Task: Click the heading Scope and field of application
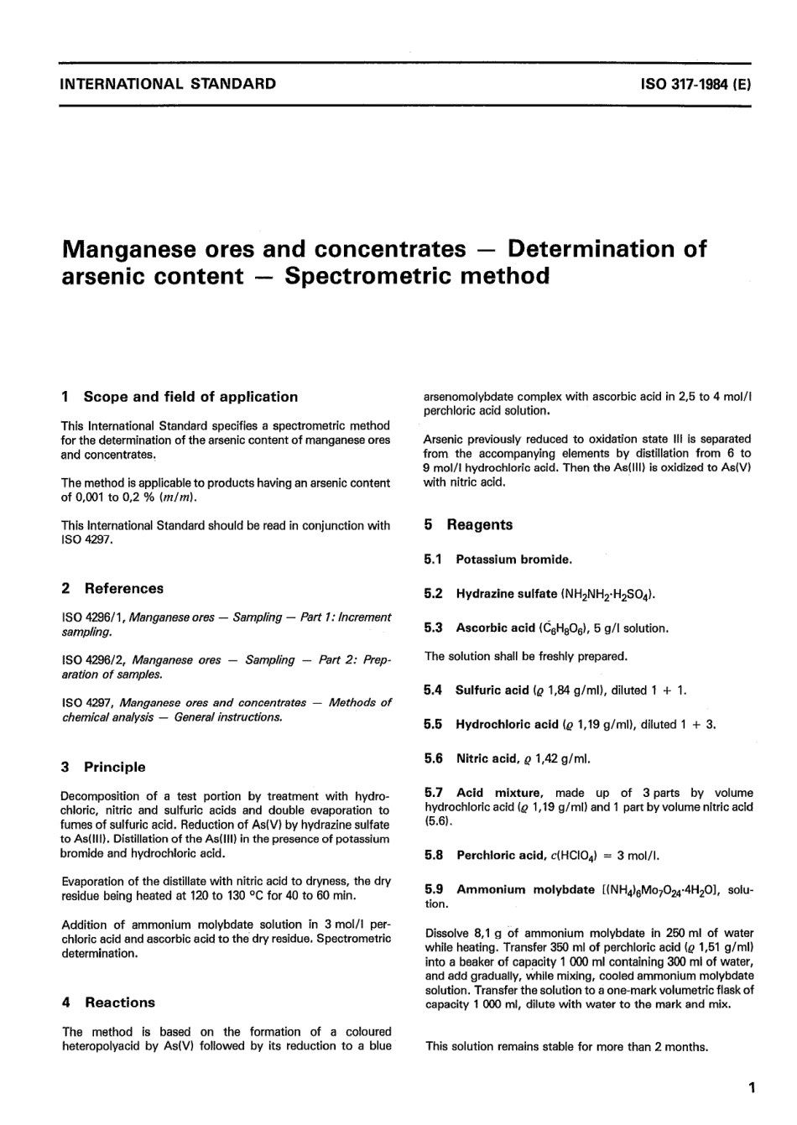click(190, 397)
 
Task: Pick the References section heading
click(123, 589)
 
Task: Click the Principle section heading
click(114, 767)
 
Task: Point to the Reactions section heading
click(120, 1003)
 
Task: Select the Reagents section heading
click(479, 525)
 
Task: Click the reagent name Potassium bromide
click(513, 560)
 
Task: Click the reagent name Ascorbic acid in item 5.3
click(495, 628)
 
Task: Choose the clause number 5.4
click(433, 690)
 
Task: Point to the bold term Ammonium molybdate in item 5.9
click(525, 890)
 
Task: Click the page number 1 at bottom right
click(752, 1089)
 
